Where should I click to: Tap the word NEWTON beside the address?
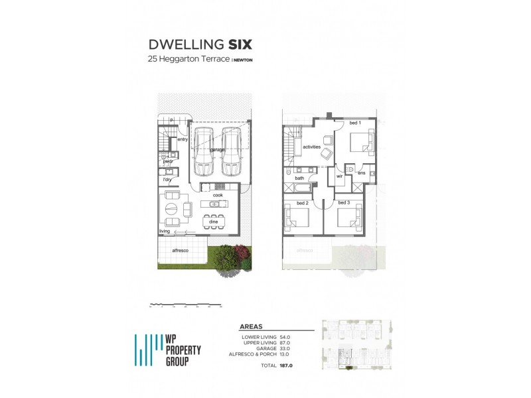pos(244,60)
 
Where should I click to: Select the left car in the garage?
pos(203,153)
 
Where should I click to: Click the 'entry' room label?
pos(183,139)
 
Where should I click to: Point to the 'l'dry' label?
pos(167,180)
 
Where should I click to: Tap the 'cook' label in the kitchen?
pos(217,196)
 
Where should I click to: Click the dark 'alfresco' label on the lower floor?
pos(179,250)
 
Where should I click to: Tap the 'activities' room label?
pos(312,146)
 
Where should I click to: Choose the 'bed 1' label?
pos(354,123)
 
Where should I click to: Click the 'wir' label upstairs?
pos(339,176)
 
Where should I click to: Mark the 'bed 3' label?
pos(343,202)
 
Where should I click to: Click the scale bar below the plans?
pos(186,305)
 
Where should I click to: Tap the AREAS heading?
pos(250,327)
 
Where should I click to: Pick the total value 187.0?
pos(286,366)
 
